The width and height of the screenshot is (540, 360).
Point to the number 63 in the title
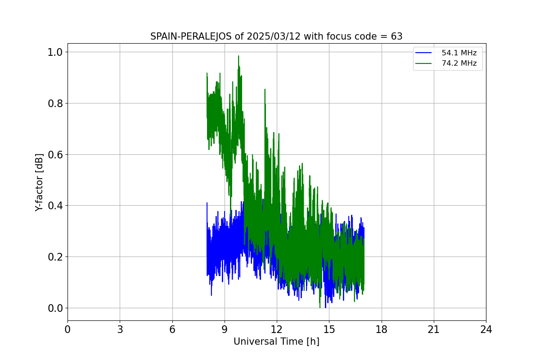tap(396, 36)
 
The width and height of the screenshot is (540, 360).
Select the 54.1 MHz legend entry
tap(459, 53)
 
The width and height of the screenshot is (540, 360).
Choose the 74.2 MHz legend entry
tap(459, 63)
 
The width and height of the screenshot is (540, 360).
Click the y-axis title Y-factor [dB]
tap(40, 182)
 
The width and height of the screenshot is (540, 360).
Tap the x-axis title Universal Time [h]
tap(276, 342)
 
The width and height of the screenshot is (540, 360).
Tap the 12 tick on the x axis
tap(277, 329)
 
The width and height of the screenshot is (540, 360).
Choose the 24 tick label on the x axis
tap(486, 329)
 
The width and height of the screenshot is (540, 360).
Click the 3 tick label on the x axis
tap(120, 329)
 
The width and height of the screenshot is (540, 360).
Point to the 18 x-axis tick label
tap(382, 329)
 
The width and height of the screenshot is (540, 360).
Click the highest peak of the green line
tap(238, 56)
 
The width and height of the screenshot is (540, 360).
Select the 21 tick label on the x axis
tap(434, 329)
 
